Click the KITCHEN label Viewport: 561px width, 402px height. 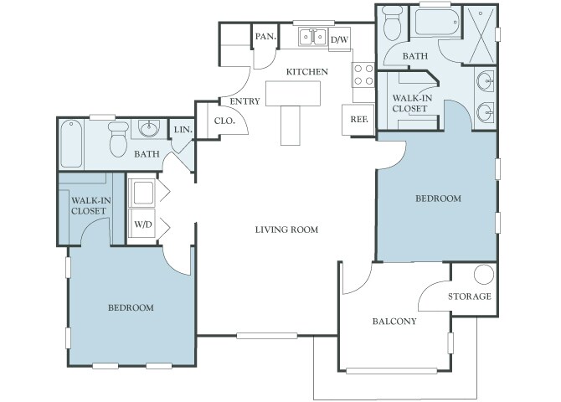307,72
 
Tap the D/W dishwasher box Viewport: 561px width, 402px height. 339,39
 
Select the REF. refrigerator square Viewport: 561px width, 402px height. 358,120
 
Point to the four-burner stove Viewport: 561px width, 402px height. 363,75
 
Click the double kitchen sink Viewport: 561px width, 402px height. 313,37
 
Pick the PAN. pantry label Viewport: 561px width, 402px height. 265,37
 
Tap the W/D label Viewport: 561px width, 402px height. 143,224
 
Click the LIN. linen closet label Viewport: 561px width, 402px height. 183,130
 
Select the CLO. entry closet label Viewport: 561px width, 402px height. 224,121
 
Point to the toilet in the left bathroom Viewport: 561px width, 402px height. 118,139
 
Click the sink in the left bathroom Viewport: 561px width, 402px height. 149,128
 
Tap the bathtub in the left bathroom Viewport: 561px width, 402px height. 71,143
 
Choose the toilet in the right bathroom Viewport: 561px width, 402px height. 393,23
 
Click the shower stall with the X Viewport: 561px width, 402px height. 480,35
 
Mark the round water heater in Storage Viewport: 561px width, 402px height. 484,275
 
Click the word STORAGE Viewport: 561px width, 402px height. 470,296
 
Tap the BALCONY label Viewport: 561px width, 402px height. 394,322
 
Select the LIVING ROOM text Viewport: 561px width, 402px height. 286,229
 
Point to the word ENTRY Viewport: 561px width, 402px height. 244,101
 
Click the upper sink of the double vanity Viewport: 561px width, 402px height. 486,80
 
